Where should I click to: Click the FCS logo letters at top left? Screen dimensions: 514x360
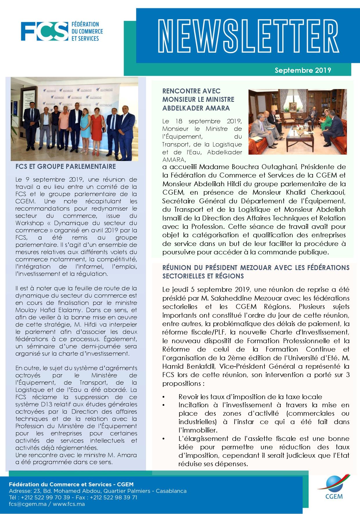click(44, 31)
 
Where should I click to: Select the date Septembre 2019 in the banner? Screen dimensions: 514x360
click(303, 70)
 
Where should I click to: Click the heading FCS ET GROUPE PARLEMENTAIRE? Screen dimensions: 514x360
click(66, 167)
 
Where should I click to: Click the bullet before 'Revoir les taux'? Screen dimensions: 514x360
click(164, 397)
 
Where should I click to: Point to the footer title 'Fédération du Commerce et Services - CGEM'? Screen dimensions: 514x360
click(71, 484)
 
